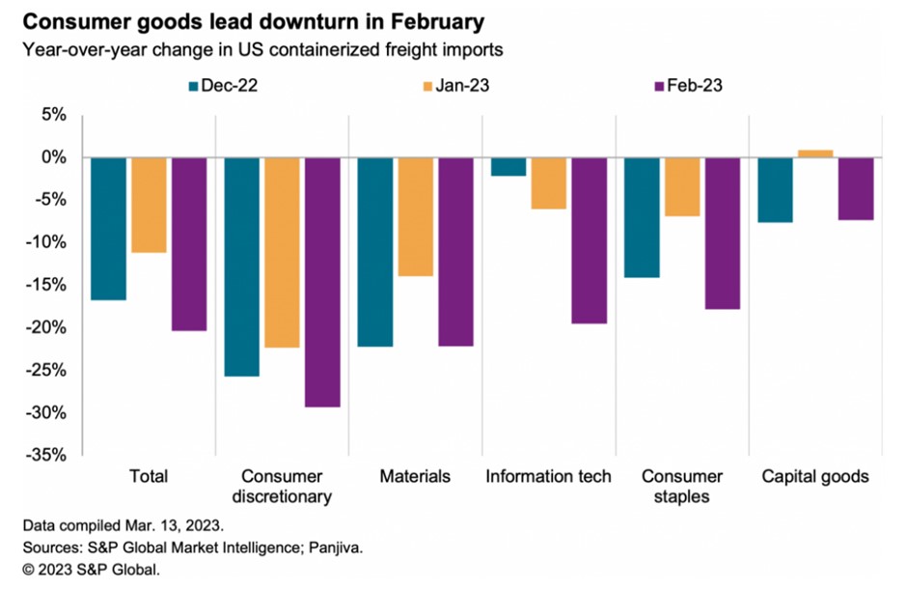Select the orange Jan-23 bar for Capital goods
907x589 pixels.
pyautogui.click(x=816, y=154)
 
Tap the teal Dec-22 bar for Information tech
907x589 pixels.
pyautogui.click(x=508, y=167)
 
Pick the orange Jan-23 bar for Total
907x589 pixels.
pyautogui.click(x=149, y=205)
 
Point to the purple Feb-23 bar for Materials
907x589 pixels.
pyautogui.click(x=455, y=251)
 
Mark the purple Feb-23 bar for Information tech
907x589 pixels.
pyautogui.click(x=589, y=240)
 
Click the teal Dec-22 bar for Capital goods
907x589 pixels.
pyautogui.click(x=776, y=190)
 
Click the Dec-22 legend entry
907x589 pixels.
pyautogui.click(x=223, y=86)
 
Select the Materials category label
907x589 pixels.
pyautogui.click(x=415, y=476)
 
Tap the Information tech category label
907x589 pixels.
pyautogui.click(x=548, y=476)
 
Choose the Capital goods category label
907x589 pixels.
pyautogui.click(x=815, y=476)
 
